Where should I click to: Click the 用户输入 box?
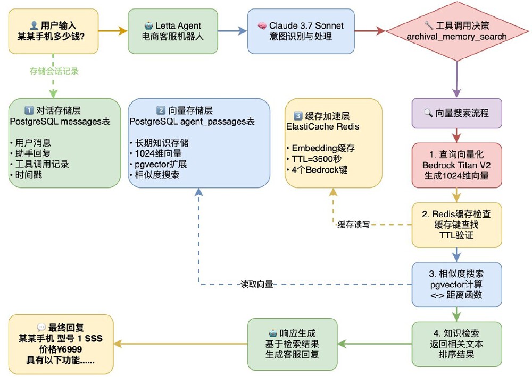coord(53,31)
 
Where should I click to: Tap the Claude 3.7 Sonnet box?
coord(301,31)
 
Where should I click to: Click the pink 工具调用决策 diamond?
coord(456,31)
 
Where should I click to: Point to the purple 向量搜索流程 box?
coord(456,113)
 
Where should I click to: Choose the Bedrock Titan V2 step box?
coord(456,165)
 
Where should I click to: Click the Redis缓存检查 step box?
coord(456,225)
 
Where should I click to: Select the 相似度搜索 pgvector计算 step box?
coord(456,284)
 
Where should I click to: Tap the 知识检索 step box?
coord(456,344)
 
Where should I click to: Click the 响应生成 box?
coord(292,344)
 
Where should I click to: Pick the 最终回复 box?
coord(61,344)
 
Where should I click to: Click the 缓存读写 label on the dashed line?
coord(353,225)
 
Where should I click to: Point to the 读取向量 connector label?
coord(257,285)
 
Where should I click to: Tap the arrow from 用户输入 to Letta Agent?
coord(113,31)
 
